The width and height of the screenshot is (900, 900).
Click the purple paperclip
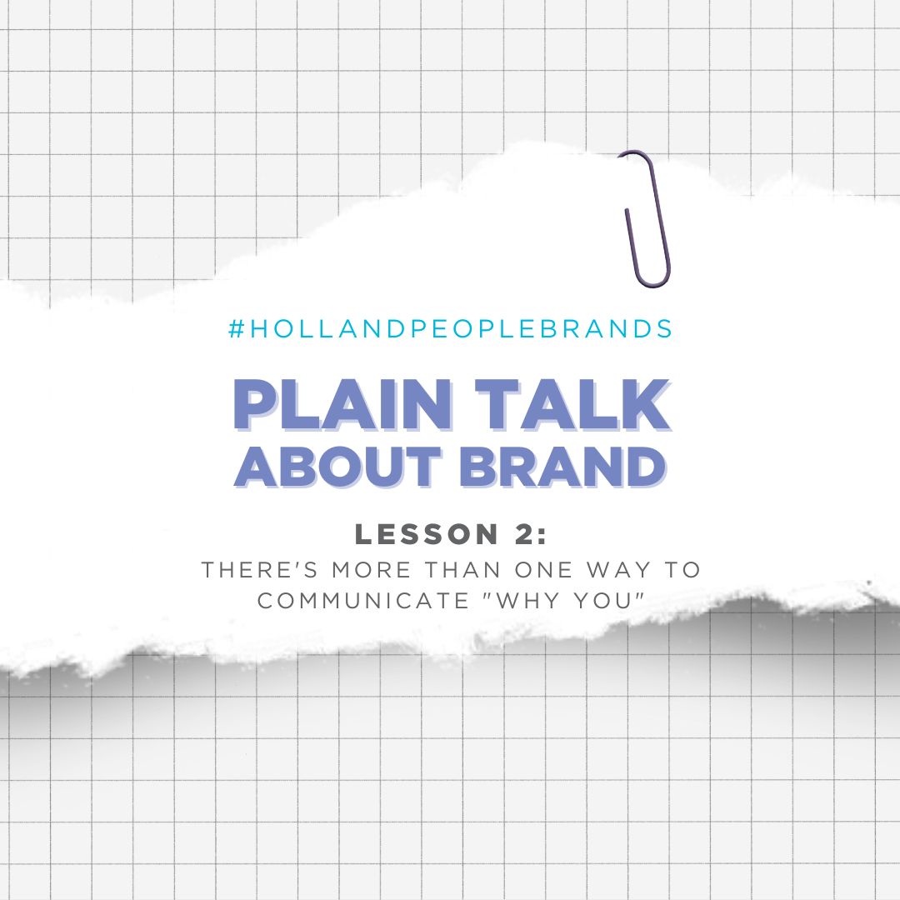647,218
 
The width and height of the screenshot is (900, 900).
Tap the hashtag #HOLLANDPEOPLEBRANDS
450,329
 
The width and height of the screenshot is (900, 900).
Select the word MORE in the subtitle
361,571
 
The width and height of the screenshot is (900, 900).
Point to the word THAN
457,571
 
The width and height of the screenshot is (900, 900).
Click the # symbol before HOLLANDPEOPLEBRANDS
235,329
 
